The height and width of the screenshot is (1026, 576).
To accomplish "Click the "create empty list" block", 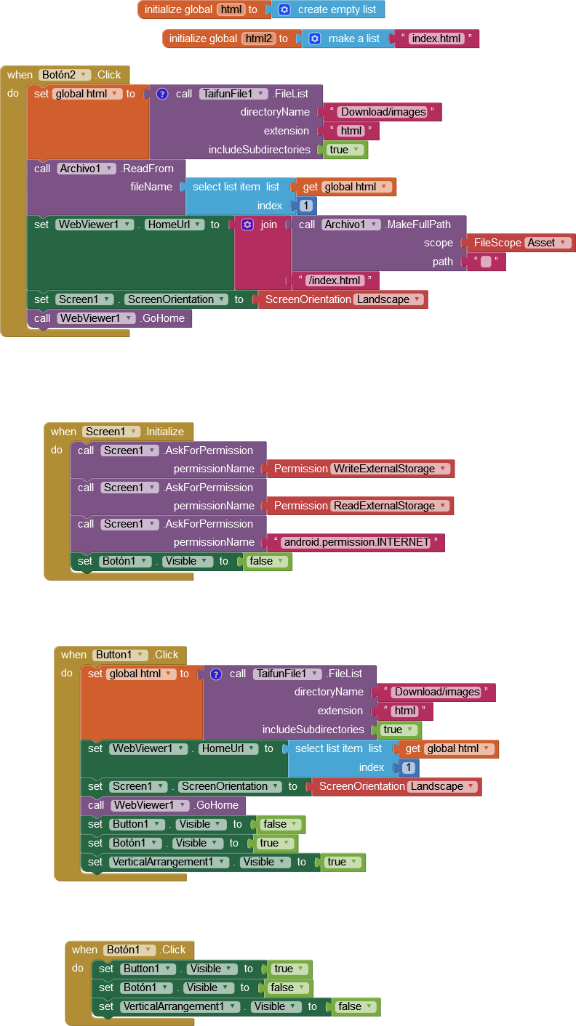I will point(337,9).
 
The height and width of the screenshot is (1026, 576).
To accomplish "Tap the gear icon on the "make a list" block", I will point(315,39).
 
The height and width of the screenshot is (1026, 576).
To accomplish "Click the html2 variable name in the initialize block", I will point(258,39).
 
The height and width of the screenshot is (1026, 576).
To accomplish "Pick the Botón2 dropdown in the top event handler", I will point(65,74).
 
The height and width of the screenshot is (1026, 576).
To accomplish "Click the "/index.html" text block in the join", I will point(335,280).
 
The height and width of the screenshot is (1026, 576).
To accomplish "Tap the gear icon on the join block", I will point(247,225).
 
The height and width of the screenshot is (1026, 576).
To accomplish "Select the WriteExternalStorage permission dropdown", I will point(391,469).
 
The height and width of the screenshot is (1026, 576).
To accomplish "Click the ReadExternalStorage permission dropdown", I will point(391,506).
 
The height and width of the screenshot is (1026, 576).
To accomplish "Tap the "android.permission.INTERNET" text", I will point(356,542).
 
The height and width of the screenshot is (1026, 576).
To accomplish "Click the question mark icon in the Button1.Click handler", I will point(216,674).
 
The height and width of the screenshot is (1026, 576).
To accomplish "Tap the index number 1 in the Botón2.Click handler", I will point(306,206).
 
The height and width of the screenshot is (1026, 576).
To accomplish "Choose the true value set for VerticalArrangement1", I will point(341,862).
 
